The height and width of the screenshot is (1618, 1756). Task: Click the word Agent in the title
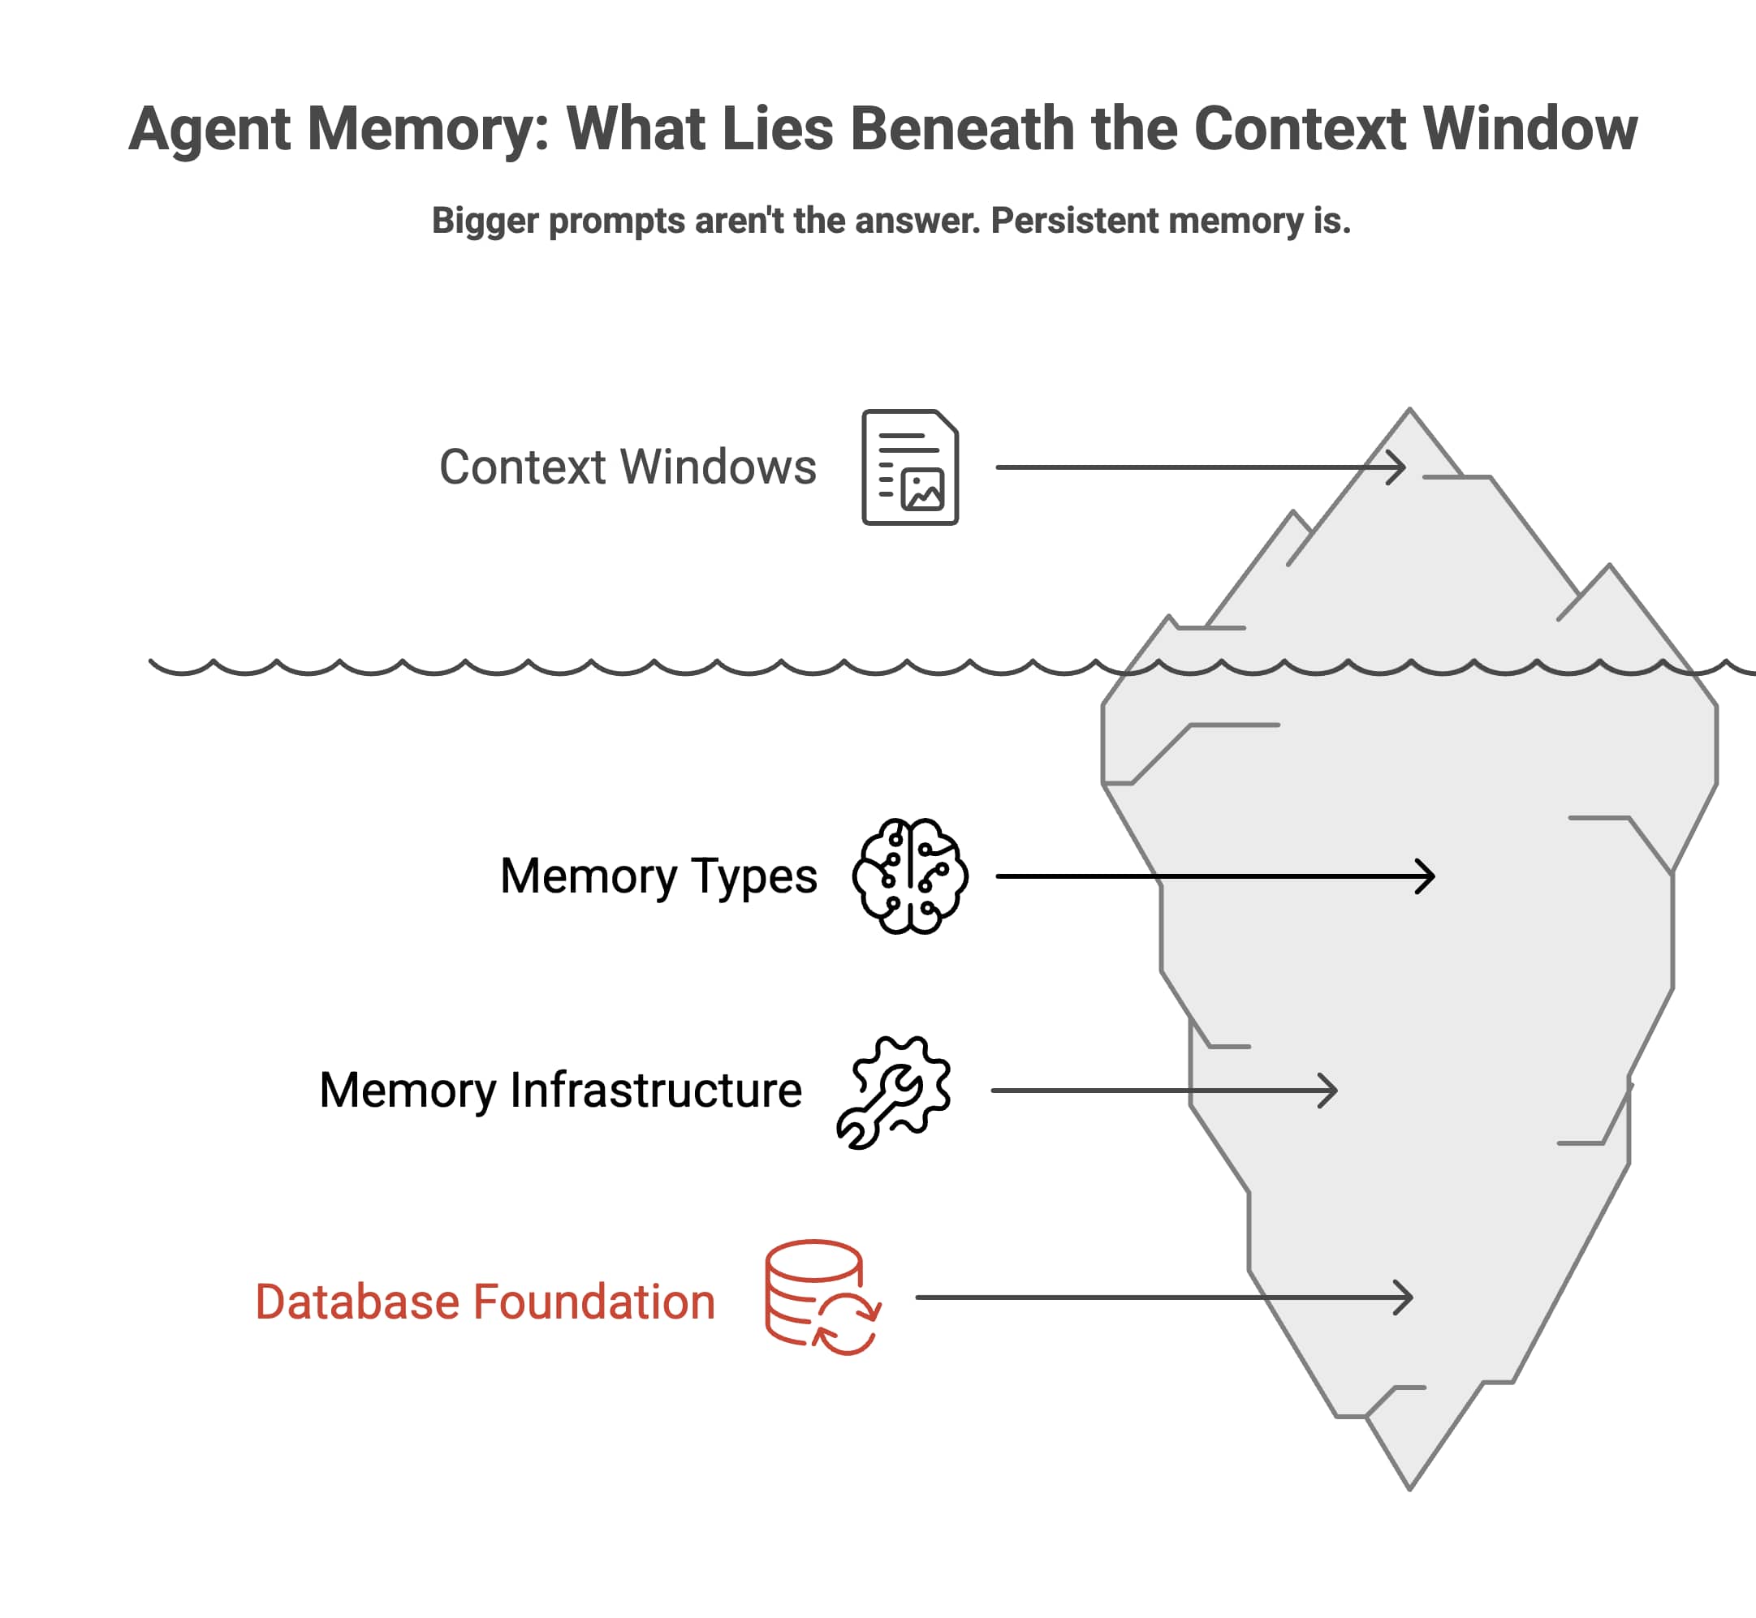pyautogui.click(x=209, y=130)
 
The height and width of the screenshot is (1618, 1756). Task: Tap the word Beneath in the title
pyautogui.click(x=960, y=130)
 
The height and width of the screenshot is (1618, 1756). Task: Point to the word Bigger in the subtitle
pyautogui.click(x=485, y=221)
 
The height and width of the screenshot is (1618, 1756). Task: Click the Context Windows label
pyautogui.click(x=627, y=467)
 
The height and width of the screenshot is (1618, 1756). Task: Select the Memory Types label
pyautogui.click(x=658, y=876)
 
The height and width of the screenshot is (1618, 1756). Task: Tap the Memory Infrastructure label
pyautogui.click(x=560, y=1090)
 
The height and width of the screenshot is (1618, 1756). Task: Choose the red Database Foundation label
pyautogui.click(x=485, y=1302)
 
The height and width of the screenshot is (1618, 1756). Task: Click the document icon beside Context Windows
pyautogui.click(x=910, y=467)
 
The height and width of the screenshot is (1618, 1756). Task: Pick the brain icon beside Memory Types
pyautogui.click(x=910, y=876)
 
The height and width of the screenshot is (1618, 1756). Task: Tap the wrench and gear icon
pyautogui.click(x=894, y=1092)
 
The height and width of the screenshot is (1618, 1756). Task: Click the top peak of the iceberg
pyautogui.click(x=1410, y=411)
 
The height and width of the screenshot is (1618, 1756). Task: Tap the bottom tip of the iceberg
pyautogui.click(x=1410, y=1487)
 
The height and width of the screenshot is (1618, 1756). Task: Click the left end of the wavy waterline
pyautogui.click(x=153, y=663)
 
